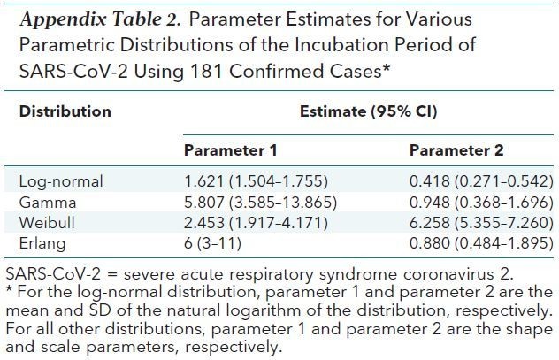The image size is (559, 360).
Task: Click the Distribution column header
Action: pyautogui.click(x=65, y=112)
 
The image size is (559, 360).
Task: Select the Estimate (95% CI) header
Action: pyautogui.click(x=368, y=112)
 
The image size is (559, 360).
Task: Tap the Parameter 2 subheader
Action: pyautogui.click(x=456, y=150)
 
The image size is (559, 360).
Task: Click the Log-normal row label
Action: pyautogui.click(x=61, y=182)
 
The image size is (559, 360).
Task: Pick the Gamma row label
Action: pyautogui.click(x=44, y=202)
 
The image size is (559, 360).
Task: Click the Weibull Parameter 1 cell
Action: pyautogui.click(x=252, y=222)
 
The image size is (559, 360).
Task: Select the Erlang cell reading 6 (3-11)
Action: pyautogui.click(x=215, y=241)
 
